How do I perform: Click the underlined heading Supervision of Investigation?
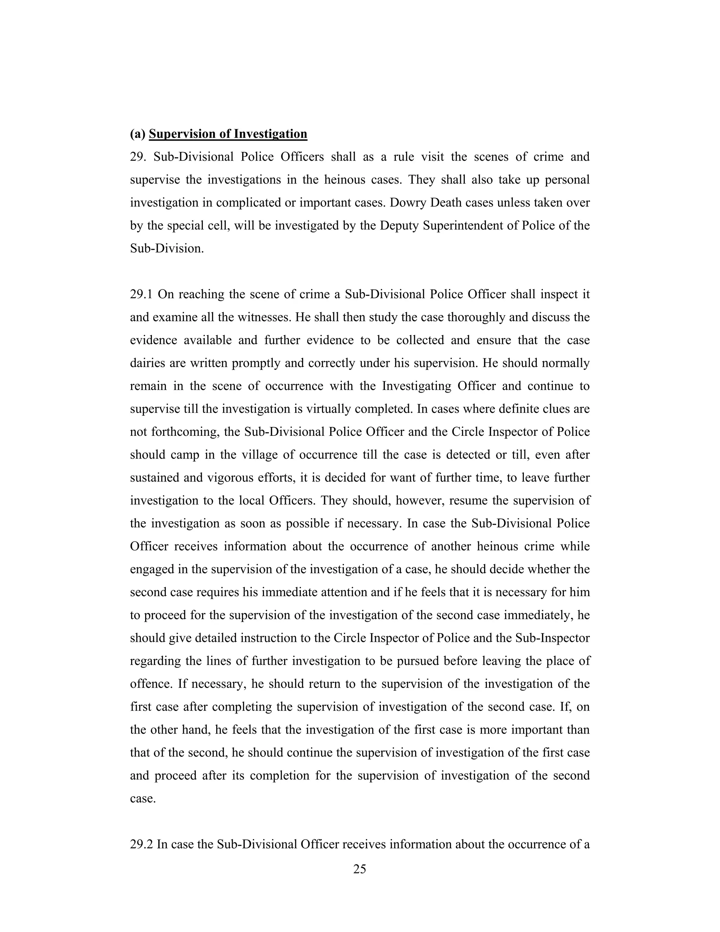point(228,134)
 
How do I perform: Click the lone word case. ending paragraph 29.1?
point(142,798)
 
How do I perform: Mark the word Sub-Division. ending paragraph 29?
point(167,248)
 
